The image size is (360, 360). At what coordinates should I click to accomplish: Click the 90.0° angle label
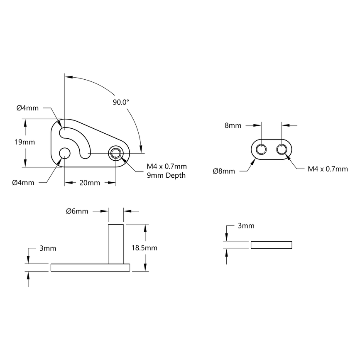[121, 102]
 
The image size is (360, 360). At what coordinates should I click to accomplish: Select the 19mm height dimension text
[25, 142]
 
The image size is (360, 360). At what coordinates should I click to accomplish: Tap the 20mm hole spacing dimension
[90, 183]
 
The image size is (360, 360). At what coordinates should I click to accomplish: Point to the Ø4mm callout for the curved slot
[27, 108]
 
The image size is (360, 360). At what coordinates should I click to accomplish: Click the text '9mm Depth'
[166, 175]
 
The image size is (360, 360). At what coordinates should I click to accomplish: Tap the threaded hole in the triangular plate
[115, 153]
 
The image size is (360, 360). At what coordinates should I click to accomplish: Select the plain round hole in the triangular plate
[65, 153]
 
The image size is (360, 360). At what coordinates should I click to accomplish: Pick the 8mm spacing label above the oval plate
[233, 125]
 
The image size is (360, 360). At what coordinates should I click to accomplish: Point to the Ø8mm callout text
[224, 171]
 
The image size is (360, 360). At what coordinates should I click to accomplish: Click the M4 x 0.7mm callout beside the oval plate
[328, 169]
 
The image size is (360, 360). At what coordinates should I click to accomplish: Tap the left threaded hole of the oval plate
[262, 149]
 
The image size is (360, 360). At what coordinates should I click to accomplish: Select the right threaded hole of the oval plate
[282, 149]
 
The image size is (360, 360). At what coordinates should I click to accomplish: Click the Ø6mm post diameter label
[77, 211]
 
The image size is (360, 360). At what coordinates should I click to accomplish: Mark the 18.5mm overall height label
[144, 248]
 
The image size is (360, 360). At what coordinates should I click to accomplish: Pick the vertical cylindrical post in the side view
[115, 243]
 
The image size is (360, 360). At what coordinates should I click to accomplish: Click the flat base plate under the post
[90, 267]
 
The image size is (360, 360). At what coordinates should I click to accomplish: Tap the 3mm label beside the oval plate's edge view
[246, 226]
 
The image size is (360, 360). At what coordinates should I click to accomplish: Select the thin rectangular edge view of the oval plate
[272, 245]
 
